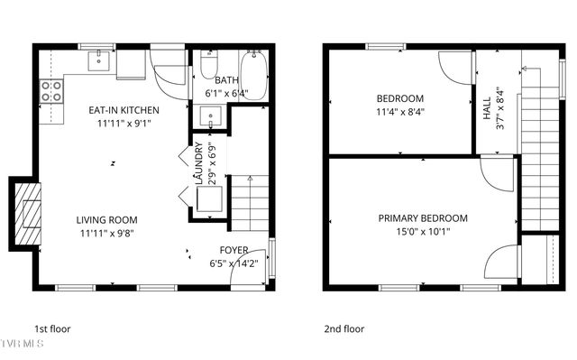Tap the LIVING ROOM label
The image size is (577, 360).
[106, 219]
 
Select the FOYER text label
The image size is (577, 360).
[234, 250]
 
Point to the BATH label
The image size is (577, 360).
[226, 80]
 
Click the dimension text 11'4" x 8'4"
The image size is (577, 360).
[399, 112]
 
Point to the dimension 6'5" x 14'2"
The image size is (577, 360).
[234, 264]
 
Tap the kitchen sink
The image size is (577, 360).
[99, 61]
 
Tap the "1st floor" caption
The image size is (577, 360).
[52, 329]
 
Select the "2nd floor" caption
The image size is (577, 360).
[344, 329]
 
